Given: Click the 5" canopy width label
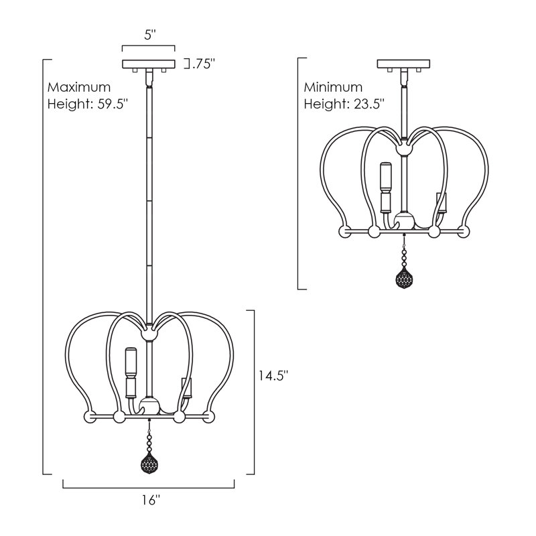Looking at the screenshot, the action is (x=149, y=35).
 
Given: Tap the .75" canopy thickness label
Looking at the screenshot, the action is (x=203, y=64).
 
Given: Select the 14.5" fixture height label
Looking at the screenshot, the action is (x=273, y=376).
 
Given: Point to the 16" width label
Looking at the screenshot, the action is (x=151, y=500).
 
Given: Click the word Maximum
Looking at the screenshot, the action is (x=79, y=87).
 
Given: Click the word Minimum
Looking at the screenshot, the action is (x=333, y=87).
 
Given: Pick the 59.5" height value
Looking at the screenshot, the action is (x=113, y=104).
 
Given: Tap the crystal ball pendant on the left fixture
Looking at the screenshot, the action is (x=149, y=463).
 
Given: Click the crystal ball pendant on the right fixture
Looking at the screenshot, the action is (x=404, y=277).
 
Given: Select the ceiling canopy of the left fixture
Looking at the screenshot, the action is (x=149, y=64).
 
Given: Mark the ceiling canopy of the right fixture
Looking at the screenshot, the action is (x=403, y=64).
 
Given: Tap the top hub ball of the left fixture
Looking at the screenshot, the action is (x=149, y=334).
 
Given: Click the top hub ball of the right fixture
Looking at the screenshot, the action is (x=404, y=149).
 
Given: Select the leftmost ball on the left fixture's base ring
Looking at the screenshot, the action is (x=90, y=417).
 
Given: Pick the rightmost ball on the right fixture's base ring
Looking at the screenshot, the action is (x=464, y=231).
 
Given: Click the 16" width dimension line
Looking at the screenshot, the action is (x=149, y=487).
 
